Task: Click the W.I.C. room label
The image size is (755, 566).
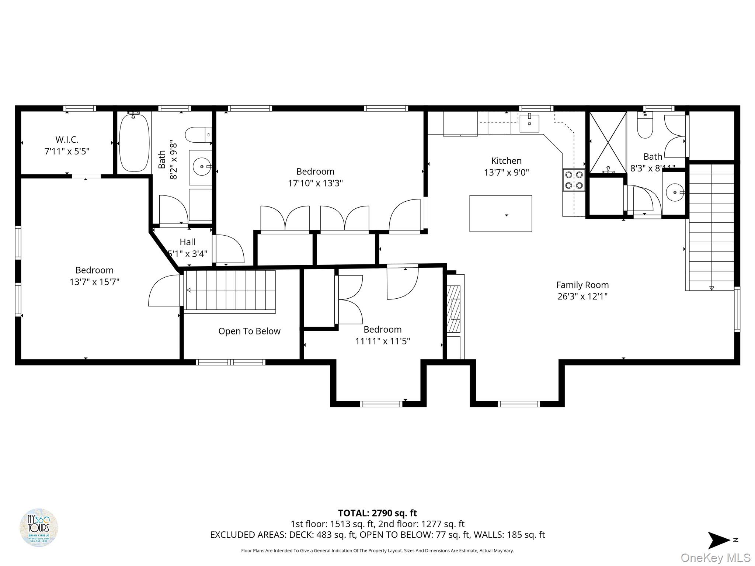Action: click(67, 140)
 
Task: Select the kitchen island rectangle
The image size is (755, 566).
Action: click(500, 213)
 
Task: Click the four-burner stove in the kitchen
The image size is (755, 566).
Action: click(574, 180)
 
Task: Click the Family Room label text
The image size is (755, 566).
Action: click(582, 285)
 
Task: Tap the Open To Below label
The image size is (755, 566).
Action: click(249, 331)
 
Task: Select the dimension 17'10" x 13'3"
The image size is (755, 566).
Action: click(315, 183)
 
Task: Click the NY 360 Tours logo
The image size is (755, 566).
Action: click(39, 528)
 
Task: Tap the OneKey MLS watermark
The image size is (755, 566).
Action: click(715, 558)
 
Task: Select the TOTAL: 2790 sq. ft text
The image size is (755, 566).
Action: click(377, 513)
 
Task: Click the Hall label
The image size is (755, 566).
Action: click(187, 242)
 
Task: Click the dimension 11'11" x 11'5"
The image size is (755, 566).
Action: click(382, 341)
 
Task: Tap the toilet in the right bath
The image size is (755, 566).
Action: click(645, 126)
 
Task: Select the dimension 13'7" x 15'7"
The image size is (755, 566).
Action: click(94, 282)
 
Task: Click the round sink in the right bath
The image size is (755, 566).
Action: click(674, 192)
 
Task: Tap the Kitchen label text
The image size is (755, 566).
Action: click(506, 161)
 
